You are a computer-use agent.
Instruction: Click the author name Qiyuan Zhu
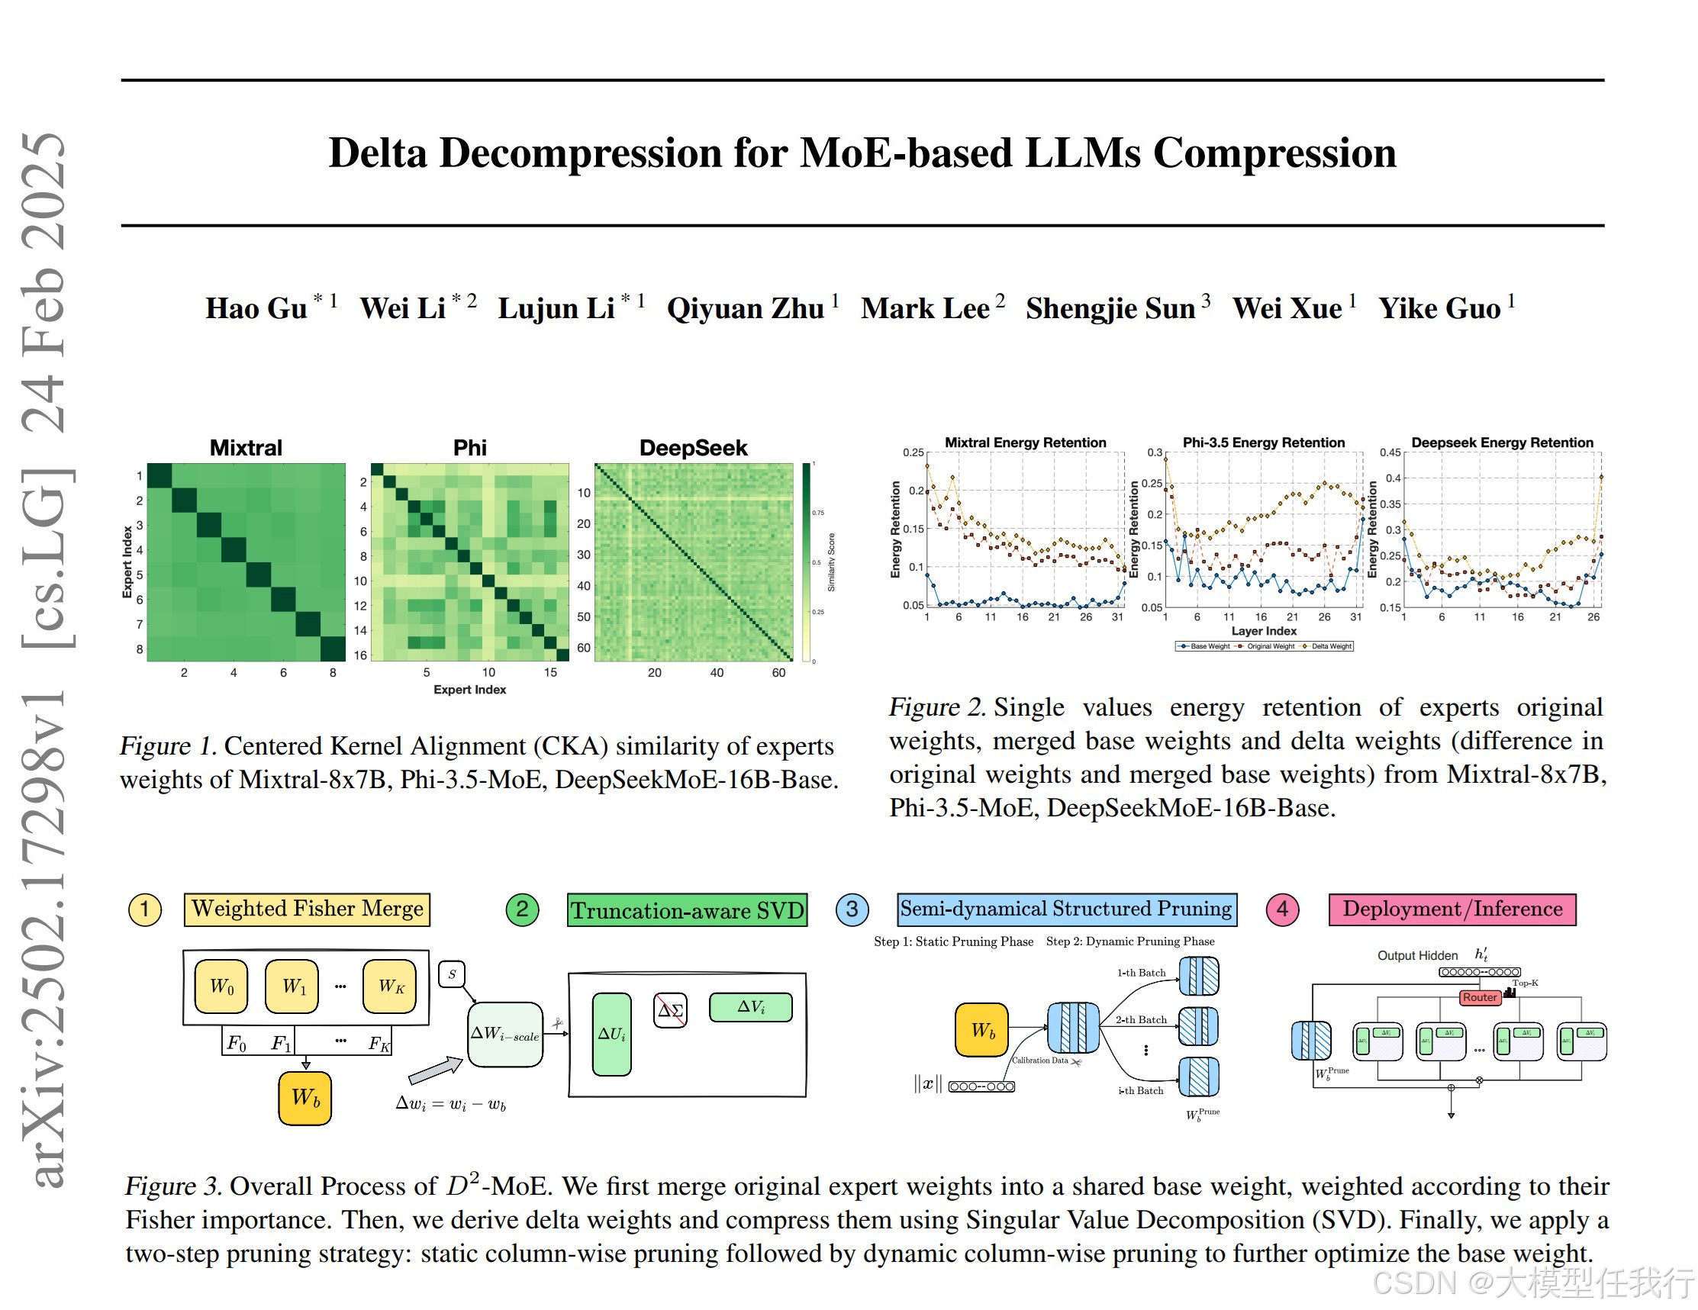[x=744, y=309]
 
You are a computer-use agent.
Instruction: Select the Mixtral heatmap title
[x=246, y=448]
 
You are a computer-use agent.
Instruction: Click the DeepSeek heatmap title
[x=693, y=448]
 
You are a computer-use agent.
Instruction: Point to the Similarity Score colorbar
[x=807, y=562]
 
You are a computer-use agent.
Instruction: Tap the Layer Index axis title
[x=1264, y=630]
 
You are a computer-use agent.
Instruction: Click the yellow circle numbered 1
[x=144, y=909]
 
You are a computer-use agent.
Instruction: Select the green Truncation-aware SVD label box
[x=688, y=910]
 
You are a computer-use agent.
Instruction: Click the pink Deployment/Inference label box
[x=1452, y=909]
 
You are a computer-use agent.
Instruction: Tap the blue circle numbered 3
[x=852, y=909]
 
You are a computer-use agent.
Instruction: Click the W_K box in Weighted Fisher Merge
[x=390, y=987]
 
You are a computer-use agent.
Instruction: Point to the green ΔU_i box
[x=611, y=1034]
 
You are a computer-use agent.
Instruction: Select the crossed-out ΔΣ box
[x=669, y=1010]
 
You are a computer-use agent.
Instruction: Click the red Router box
[x=1479, y=997]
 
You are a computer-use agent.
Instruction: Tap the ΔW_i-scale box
[x=504, y=1034]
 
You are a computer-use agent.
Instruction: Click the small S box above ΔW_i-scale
[x=452, y=974]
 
